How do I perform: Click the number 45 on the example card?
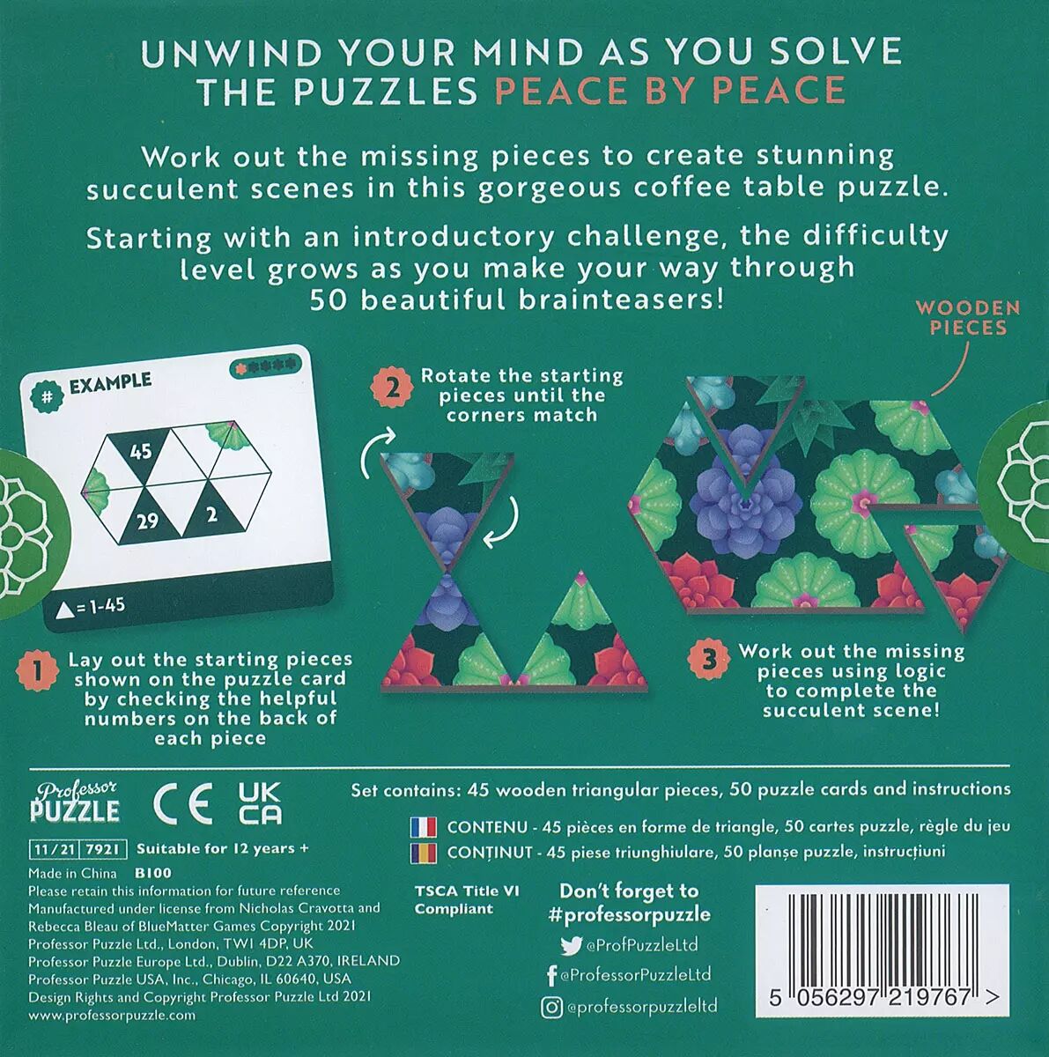click(141, 452)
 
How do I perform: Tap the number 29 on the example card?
click(148, 521)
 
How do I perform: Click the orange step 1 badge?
click(37, 672)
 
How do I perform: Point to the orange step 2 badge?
click(392, 390)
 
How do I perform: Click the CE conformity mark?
click(182, 805)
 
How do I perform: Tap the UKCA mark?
click(260, 803)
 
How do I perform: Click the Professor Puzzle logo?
click(74, 802)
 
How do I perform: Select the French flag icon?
click(423, 826)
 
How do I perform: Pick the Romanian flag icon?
click(423, 852)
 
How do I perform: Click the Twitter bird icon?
click(571, 945)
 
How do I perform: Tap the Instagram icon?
click(551, 1007)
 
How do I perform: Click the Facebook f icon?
click(552, 976)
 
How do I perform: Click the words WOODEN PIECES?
click(968, 318)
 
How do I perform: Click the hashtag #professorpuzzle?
click(629, 914)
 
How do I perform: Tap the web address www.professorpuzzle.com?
click(111, 1015)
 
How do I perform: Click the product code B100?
click(152, 873)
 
